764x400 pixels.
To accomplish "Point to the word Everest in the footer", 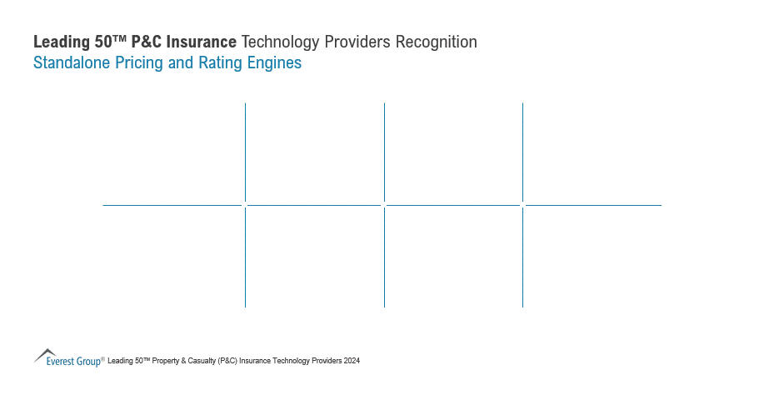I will (x=61, y=362).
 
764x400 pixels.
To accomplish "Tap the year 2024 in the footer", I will (x=352, y=361).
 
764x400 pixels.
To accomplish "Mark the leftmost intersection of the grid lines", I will (x=245, y=204).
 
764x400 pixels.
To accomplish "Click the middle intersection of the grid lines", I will (x=384, y=204).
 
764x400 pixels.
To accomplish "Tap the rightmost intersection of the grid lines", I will (x=522, y=204).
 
